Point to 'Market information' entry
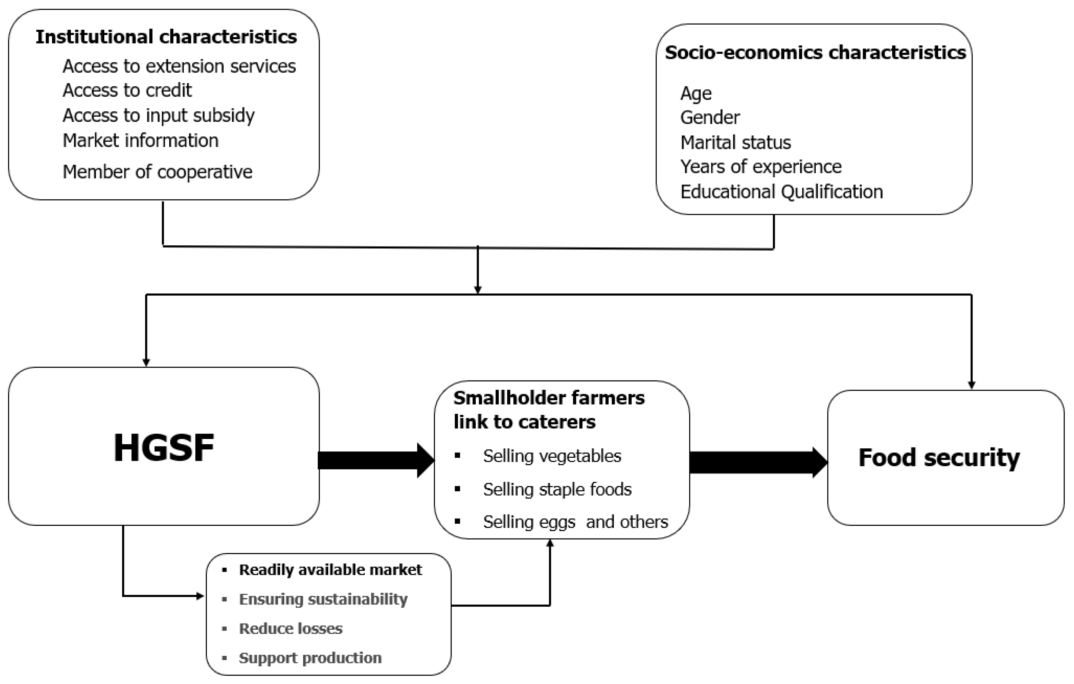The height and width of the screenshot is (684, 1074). (x=141, y=141)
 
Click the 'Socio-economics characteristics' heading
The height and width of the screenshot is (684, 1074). (x=815, y=53)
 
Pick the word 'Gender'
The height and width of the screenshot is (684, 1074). (x=710, y=118)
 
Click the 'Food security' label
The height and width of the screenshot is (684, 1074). (x=939, y=458)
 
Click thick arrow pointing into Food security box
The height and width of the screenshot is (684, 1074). (x=758, y=462)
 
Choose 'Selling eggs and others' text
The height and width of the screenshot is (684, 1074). (x=575, y=522)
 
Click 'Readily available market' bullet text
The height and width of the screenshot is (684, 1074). (x=330, y=570)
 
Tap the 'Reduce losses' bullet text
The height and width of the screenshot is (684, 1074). (x=290, y=629)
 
